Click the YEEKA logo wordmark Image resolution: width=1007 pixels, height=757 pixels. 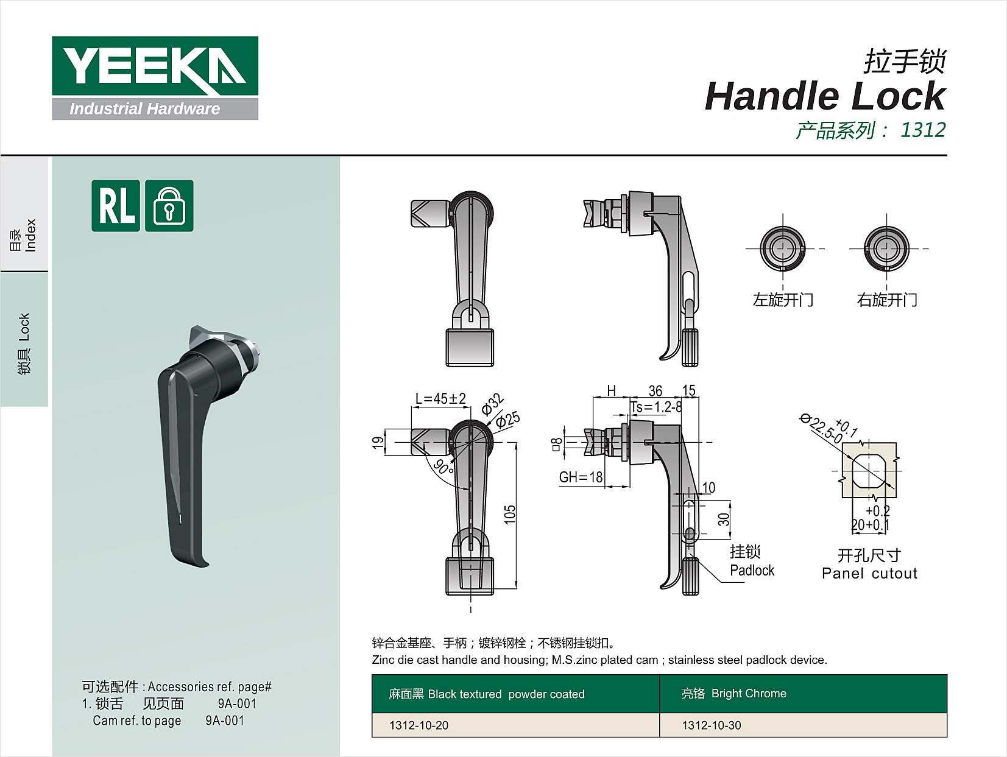click(155, 66)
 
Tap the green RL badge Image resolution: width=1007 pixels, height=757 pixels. click(116, 205)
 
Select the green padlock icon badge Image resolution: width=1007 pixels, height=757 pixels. click(169, 205)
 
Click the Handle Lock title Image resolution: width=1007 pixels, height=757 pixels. click(825, 96)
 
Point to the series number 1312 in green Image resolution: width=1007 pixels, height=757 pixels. click(922, 130)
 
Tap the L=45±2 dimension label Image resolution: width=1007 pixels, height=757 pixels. click(440, 398)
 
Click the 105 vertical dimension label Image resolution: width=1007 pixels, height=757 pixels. click(510, 515)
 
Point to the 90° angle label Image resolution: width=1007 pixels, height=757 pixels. click(443, 467)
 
